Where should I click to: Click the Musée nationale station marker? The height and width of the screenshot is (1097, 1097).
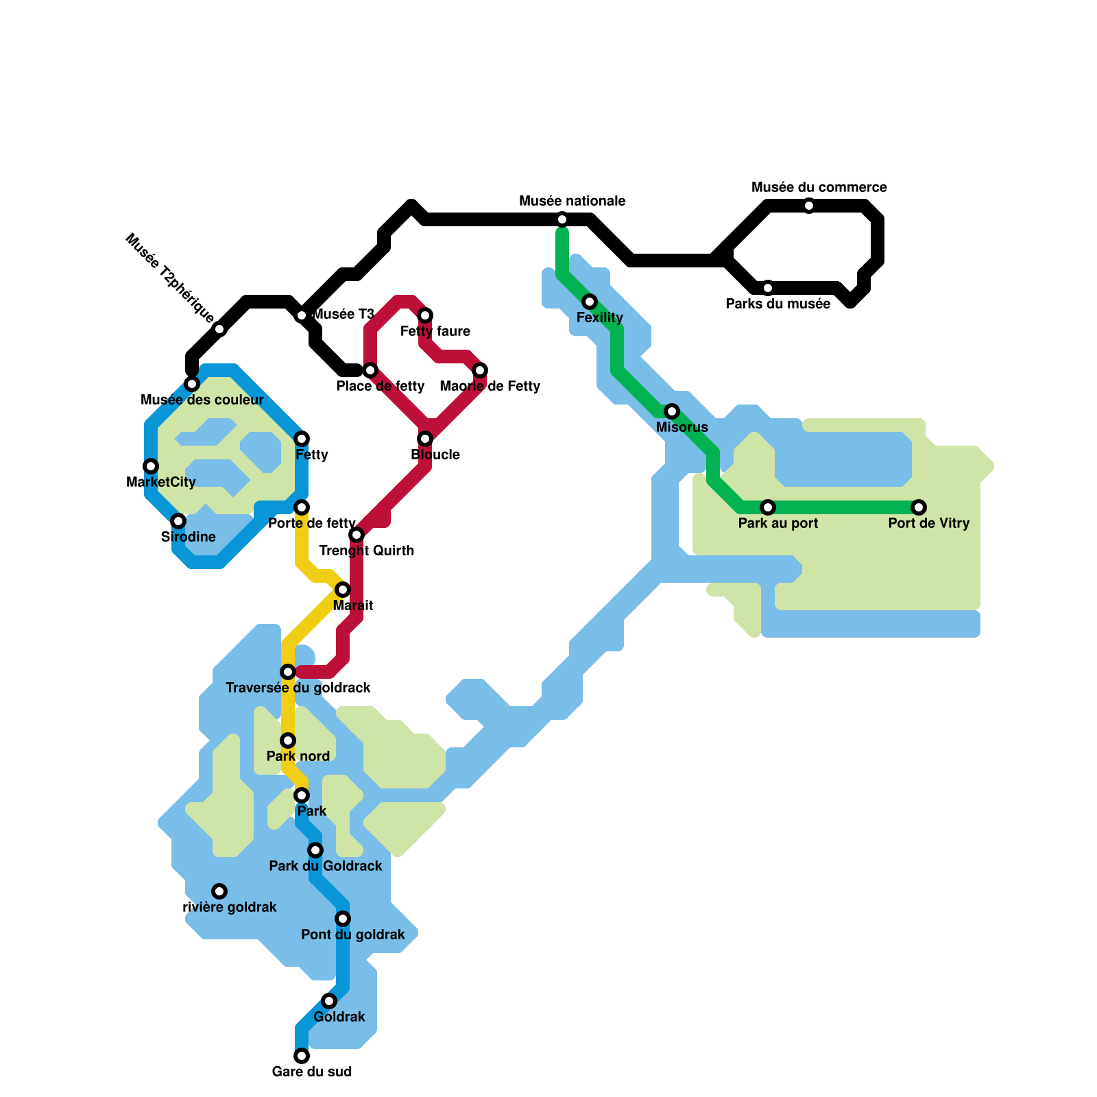tap(562, 219)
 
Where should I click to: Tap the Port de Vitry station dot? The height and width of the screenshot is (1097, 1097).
tap(919, 507)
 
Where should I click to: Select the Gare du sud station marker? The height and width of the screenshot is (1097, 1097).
tap(302, 1056)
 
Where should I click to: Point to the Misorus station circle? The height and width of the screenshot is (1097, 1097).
tap(672, 411)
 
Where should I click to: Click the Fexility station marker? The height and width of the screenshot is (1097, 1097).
tap(590, 302)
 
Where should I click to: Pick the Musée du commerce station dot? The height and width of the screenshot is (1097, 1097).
tap(809, 206)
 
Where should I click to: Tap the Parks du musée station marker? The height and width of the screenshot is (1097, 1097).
tap(768, 288)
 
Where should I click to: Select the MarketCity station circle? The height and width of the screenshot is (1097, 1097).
tap(151, 466)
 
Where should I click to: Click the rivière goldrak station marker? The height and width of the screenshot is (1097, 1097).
tap(219, 891)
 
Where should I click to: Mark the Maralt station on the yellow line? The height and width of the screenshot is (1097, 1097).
tap(343, 590)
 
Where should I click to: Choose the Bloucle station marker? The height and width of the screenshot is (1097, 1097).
tap(425, 439)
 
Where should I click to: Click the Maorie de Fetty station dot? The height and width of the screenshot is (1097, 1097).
tap(480, 370)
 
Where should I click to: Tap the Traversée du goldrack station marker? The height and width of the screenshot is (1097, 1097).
tap(288, 672)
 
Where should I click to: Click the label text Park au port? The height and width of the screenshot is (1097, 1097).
tap(778, 523)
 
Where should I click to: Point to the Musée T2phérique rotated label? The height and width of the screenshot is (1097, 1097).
tap(170, 279)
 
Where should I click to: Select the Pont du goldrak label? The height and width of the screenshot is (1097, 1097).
tap(353, 935)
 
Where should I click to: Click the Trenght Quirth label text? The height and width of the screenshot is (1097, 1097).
tap(367, 551)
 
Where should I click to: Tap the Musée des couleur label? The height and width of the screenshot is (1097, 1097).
tap(202, 400)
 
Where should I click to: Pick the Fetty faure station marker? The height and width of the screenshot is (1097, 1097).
tap(425, 315)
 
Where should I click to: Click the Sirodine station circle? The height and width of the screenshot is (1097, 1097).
tap(178, 521)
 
